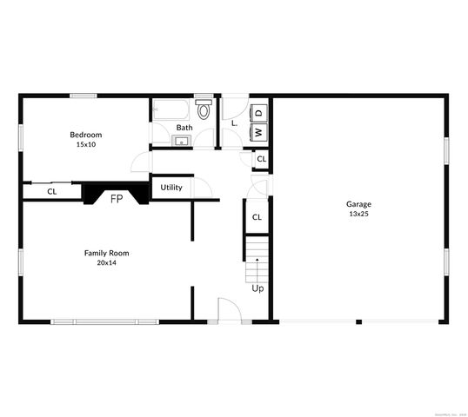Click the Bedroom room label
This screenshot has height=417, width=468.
click(x=86, y=135)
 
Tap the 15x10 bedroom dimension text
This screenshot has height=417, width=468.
click(x=86, y=144)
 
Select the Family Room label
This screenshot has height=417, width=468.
click(x=106, y=253)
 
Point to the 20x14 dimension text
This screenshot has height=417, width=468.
click(x=106, y=262)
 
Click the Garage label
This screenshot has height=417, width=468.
click(x=358, y=204)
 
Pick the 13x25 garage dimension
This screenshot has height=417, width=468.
click(x=358, y=214)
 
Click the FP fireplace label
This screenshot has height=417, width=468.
click(x=116, y=199)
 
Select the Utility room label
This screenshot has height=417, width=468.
click(x=171, y=187)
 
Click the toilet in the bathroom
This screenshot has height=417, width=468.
click(x=204, y=110)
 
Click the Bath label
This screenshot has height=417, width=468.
click(x=184, y=128)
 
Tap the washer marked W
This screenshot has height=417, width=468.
click(x=258, y=132)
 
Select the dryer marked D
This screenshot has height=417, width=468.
click(x=258, y=113)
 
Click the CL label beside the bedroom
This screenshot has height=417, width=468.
click(x=52, y=191)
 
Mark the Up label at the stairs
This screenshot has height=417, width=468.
click(x=257, y=288)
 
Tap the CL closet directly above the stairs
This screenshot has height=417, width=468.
click(x=257, y=217)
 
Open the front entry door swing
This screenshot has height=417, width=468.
click(x=229, y=309)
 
